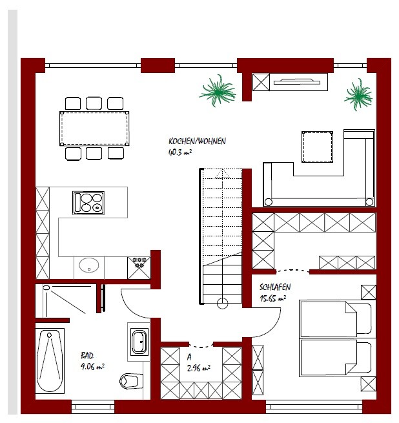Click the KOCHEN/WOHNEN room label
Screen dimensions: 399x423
click(x=197, y=141)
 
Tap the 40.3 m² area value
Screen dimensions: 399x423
click(x=180, y=152)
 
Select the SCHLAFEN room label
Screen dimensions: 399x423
click(x=275, y=287)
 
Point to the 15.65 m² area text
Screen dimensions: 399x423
click(x=272, y=298)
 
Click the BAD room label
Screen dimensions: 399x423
click(x=87, y=356)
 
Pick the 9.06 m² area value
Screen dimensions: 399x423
click(x=92, y=367)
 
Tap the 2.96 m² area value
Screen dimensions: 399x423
click(x=199, y=368)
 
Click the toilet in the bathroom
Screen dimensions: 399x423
click(x=131, y=381)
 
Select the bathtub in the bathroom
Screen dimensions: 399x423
click(x=50, y=361)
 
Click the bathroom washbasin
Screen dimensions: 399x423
click(x=139, y=342)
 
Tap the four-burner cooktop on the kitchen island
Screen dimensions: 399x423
click(x=88, y=203)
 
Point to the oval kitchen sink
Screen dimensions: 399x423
click(x=88, y=265)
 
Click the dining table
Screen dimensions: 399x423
click(x=94, y=129)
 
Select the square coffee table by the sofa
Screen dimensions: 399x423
click(x=317, y=147)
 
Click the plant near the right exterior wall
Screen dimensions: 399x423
click(x=358, y=94)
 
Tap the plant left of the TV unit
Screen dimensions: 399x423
click(x=218, y=90)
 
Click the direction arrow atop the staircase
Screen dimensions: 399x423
click(x=222, y=174)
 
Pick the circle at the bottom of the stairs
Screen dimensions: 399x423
click(x=222, y=304)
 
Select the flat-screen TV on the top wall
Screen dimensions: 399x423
click(x=297, y=81)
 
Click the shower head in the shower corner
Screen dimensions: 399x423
click(x=46, y=288)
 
